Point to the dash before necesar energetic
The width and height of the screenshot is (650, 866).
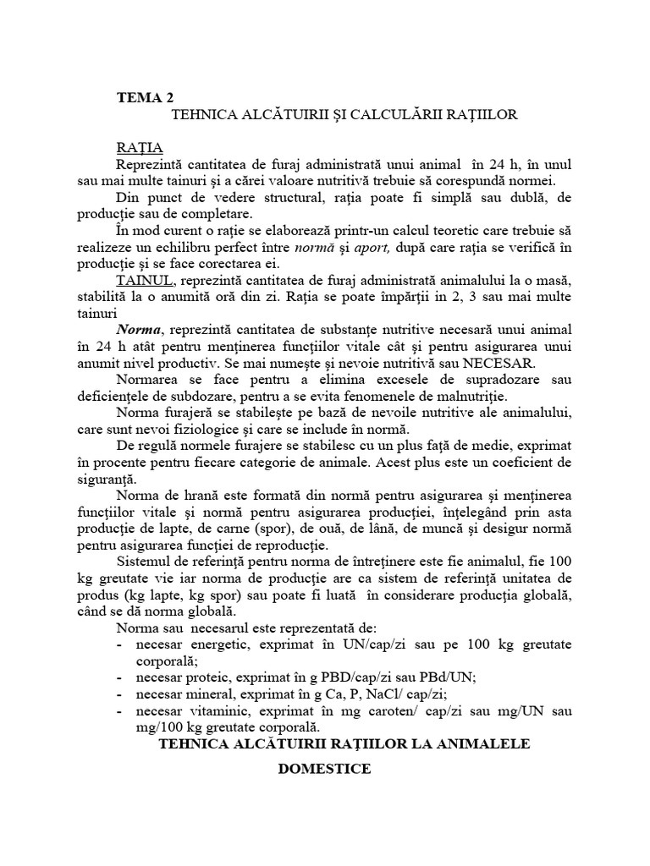118,644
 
